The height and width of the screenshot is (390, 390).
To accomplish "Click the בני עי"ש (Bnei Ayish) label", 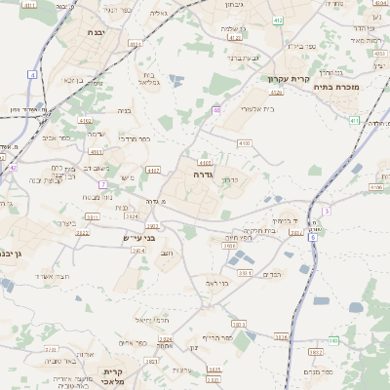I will (x=138, y=238).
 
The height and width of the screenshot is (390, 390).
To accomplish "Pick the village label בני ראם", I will (x=217, y=283).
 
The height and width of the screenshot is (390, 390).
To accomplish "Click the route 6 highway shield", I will (x=313, y=237).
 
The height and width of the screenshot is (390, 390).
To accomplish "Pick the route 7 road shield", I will (x=103, y=183).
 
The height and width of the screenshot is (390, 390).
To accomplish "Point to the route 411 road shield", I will (x=29, y=5).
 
